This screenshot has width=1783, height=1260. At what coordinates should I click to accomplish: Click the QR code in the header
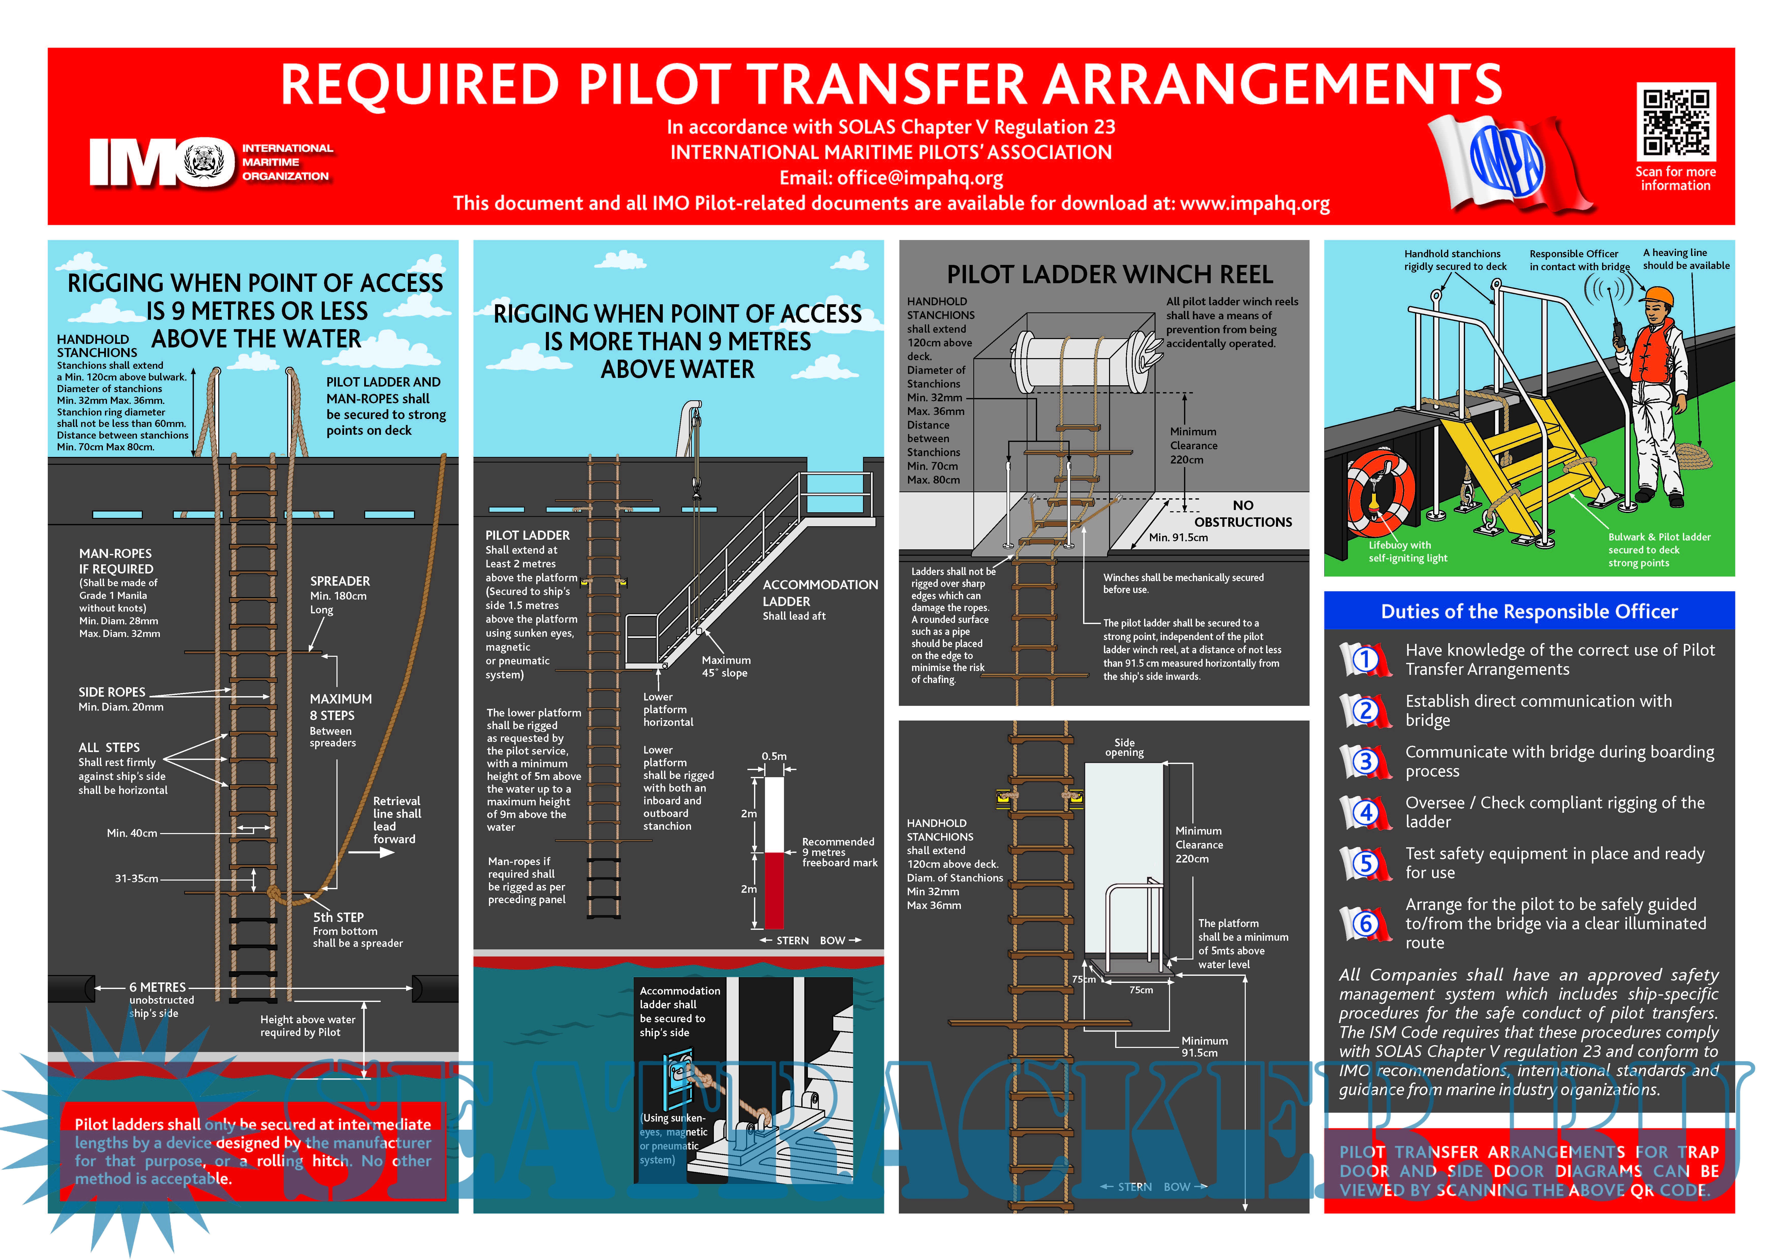tap(1676, 123)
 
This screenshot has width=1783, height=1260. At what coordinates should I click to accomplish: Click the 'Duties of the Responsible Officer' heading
tap(1528, 612)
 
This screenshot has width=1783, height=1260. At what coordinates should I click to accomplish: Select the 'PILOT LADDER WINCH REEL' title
tap(1109, 275)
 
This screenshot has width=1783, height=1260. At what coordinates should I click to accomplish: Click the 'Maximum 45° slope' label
tap(725, 666)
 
